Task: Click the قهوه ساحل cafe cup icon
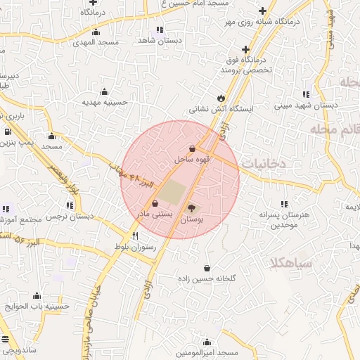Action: (193, 148)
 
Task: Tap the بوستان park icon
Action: (193, 207)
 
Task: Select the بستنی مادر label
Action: (153, 213)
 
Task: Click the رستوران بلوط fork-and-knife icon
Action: (134, 236)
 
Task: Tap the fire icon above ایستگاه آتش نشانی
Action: (221, 98)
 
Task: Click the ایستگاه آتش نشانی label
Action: (220, 109)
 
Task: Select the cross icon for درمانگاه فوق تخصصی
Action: (245, 49)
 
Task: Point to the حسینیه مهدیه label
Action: (105, 102)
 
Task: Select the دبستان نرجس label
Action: (70, 217)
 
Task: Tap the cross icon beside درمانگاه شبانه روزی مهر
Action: (263, 11)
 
